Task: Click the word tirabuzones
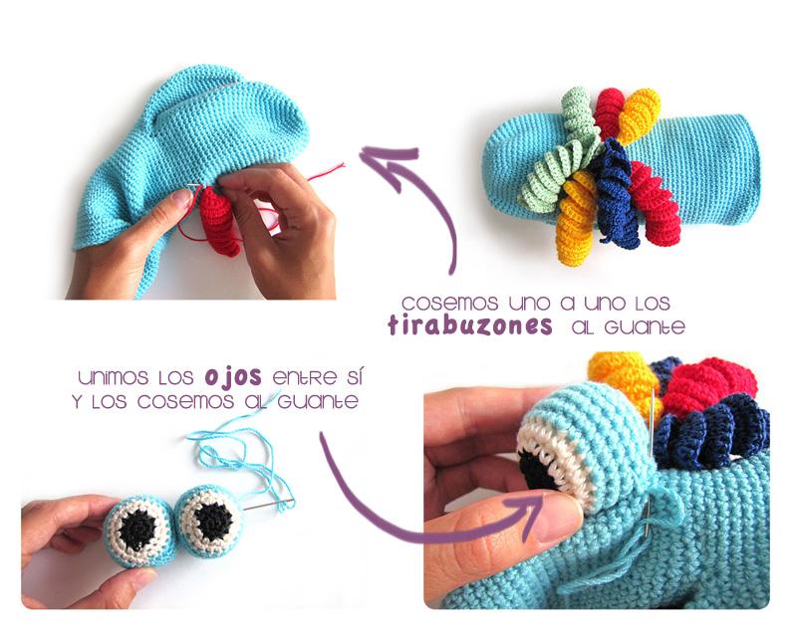(469, 326)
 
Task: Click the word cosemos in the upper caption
(441, 302)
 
